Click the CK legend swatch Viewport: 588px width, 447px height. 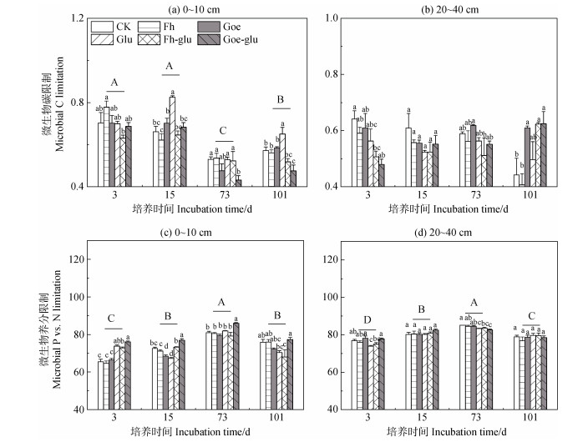(x=104, y=27)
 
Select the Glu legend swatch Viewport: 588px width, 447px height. (x=104, y=39)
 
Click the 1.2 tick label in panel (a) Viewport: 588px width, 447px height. (x=76, y=18)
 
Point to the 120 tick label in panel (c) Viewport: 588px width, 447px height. (x=73, y=260)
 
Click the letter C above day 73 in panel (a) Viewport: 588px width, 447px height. (x=223, y=131)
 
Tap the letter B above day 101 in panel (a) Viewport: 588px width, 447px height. (x=280, y=99)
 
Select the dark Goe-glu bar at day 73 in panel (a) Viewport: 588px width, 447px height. (x=238, y=183)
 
